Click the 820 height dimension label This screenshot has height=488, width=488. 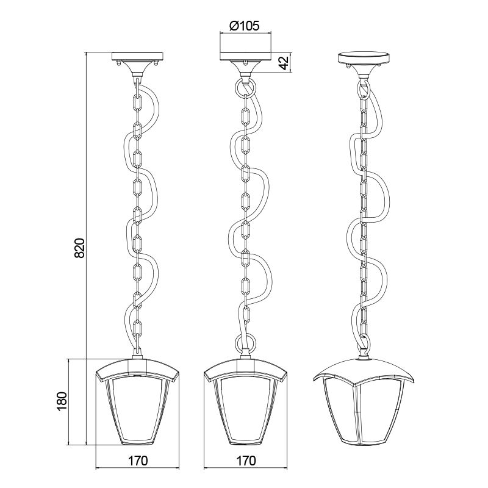[80, 248]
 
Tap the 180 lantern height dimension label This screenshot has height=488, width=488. [62, 401]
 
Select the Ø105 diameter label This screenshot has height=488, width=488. [245, 26]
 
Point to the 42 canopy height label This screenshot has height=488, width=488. [284, 63]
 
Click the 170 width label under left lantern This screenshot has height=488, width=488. [138, 461]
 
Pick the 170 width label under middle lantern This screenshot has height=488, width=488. [246, 461]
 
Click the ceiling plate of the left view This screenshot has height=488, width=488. [138, 56]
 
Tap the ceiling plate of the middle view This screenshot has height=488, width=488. [246, 56]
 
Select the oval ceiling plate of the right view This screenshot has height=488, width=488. [364, 58]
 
